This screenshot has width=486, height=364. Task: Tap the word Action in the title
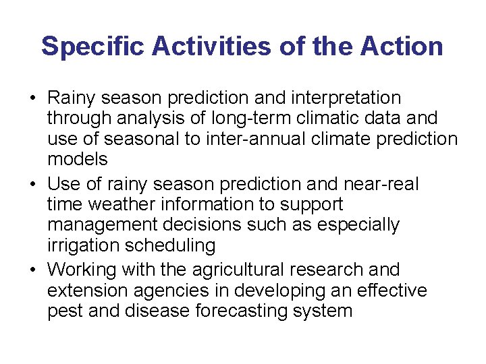[x=402, y=47]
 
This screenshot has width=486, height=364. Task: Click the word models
[x=78, y=159]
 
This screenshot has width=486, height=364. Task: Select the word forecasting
[x=244, y=311]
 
